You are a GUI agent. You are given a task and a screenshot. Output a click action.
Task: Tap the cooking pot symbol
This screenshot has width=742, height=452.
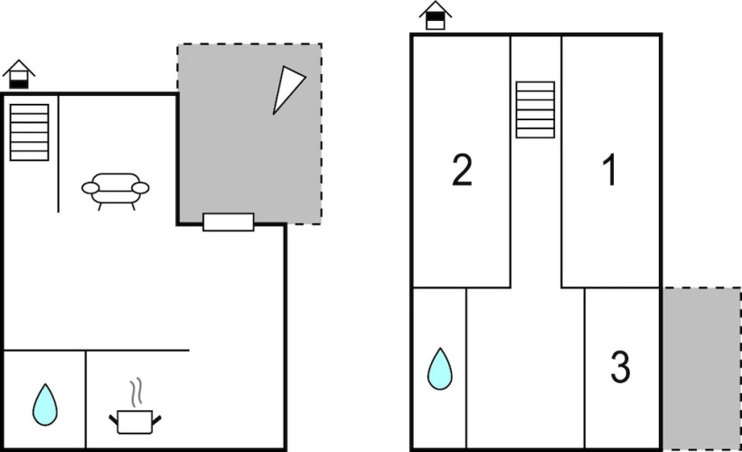tap(135, 421)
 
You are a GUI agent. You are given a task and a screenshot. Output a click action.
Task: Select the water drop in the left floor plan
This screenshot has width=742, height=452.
tap(45, 405)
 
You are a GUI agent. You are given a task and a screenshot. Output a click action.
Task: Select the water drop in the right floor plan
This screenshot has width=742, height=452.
tap(439, 369)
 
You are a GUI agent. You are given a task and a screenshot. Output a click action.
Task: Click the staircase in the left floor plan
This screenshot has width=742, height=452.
tap(29, 133)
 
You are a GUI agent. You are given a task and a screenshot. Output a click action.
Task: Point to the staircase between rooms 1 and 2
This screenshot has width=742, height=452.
tap(535, 109)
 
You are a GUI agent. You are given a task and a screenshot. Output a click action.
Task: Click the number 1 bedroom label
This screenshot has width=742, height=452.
tap(610, 170)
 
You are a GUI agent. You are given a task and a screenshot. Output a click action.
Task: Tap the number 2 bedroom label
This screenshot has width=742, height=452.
tap(463, 170)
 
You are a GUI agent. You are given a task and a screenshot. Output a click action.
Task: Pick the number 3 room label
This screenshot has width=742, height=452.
tap(620, 367)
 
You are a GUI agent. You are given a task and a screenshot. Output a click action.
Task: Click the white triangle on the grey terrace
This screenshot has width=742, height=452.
tap(286, 88)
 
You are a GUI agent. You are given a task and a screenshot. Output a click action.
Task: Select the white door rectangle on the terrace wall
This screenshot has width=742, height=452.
tap(229, 222)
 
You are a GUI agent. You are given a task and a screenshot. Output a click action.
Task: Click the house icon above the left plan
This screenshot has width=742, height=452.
tap(19, 74)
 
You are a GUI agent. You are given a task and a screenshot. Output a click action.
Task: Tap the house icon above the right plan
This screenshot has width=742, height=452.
tap(436, 15)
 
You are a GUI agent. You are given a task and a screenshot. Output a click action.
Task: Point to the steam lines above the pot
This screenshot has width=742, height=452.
tap(136, 393)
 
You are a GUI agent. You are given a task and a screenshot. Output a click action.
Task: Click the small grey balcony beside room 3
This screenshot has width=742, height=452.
tap(701, 368)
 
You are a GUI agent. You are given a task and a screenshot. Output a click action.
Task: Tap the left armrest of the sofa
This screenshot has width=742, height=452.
tap(90, 188)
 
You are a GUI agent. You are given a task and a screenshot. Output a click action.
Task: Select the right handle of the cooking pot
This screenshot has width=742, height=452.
tap(156, 419)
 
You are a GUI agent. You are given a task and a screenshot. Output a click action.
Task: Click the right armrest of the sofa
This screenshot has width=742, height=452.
tap(141, 188)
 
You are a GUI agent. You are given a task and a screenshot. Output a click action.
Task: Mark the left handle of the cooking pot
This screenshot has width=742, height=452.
tap(114, 419)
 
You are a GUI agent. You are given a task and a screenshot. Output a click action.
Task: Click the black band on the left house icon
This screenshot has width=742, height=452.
tap(19, 84)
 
